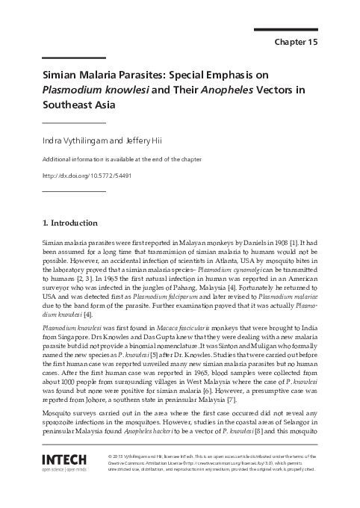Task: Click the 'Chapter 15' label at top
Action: tap(297, 42)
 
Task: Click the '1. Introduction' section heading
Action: tap(69, 223)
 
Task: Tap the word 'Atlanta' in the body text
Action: tap(225, 264)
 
